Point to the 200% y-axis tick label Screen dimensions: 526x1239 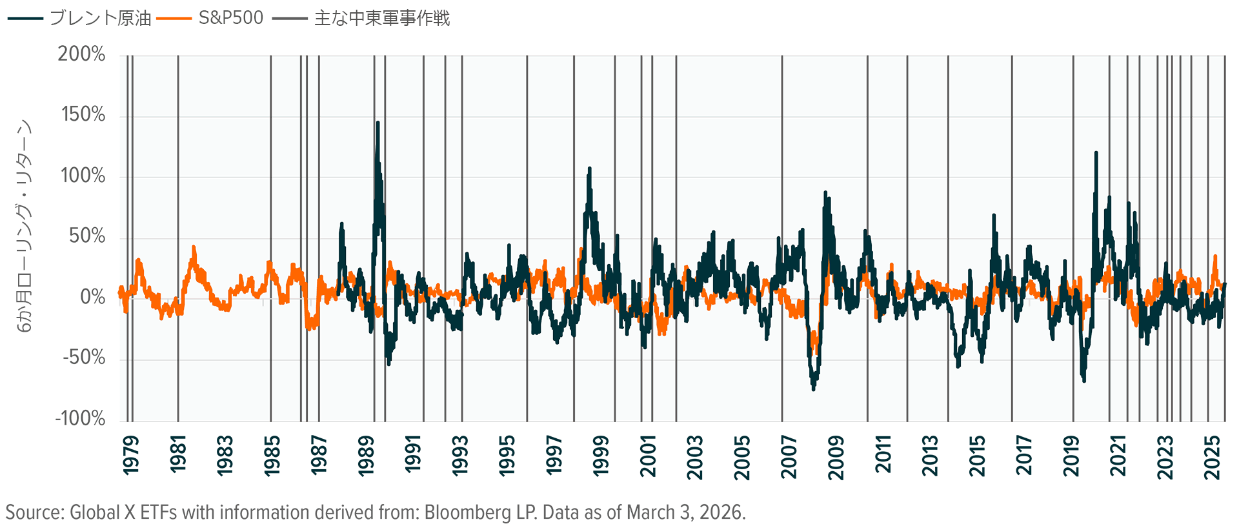81,54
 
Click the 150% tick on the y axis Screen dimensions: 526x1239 83,115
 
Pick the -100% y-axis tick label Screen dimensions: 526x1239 80,418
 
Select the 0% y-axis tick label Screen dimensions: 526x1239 92,297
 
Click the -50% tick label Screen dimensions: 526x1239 84,358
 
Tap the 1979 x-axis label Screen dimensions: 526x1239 131,455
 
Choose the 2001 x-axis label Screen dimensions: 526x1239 648,455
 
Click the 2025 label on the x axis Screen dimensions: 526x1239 1212,455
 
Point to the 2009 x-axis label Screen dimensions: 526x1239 836,455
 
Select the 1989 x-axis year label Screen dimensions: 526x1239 366,455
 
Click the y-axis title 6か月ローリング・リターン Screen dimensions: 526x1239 24,226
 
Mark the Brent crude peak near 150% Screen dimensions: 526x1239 378,123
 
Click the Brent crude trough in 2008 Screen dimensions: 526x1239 813,389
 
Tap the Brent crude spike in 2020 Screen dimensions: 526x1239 1096,154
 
